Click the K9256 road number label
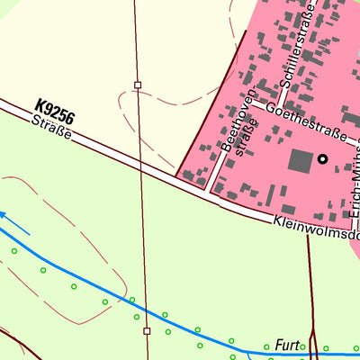(55, 112)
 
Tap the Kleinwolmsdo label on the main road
(315, 227)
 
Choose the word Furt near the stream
(286, 345)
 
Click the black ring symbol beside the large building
(322, 161)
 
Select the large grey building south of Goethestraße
(300, 162)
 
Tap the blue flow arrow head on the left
(4, 214)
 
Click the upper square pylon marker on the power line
(138, 85)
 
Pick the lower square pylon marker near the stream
(147, 330)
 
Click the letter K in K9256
(40, 104)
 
